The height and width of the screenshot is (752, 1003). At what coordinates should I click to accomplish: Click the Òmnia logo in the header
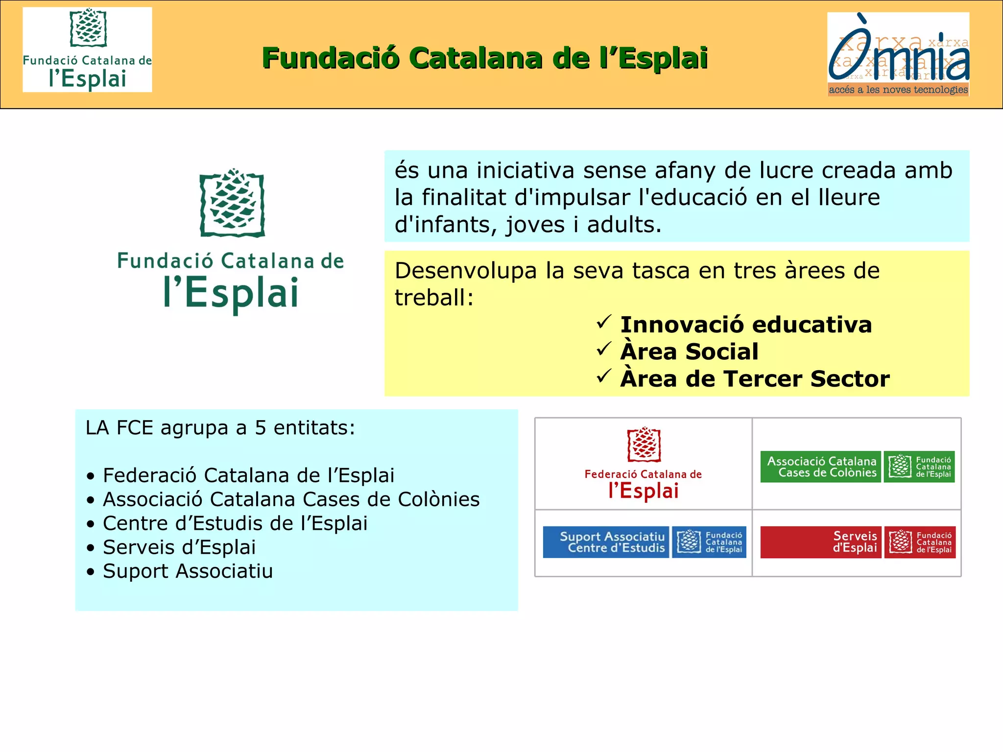(898, 54)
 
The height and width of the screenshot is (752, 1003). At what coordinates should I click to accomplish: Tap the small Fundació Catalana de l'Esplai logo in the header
(87, 49)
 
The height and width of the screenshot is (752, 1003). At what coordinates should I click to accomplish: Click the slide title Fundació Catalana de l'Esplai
(485, 58)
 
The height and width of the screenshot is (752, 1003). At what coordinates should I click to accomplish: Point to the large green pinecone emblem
(232, 203)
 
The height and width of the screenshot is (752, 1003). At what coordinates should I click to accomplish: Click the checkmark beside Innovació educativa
(603, 322)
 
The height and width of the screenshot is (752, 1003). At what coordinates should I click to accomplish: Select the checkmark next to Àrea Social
(603, 349)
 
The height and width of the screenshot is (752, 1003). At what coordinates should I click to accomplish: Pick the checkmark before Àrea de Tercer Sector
(603, 376)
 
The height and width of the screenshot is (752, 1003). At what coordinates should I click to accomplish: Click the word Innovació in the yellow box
(682, 325)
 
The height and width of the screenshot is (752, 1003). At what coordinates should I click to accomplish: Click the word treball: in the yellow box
(434, 298)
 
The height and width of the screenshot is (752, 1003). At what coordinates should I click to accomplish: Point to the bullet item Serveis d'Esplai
(179, 547)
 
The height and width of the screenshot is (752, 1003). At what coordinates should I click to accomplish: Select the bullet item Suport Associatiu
(188, 571)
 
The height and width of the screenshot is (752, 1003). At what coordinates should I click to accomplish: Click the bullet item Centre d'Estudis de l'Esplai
(235, 523)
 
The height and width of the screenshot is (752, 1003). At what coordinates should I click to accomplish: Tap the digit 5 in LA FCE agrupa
(260, 428)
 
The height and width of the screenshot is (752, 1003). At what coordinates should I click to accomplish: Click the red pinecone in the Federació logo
(644, 445)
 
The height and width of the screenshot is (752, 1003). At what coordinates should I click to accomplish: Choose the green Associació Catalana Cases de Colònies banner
(821, 467)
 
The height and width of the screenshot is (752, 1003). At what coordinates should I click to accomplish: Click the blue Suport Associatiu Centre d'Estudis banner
(606, 542)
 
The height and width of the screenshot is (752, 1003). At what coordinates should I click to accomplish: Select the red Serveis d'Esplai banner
(821, 542)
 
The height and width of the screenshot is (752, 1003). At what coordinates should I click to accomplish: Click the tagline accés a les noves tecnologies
(898, 90)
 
